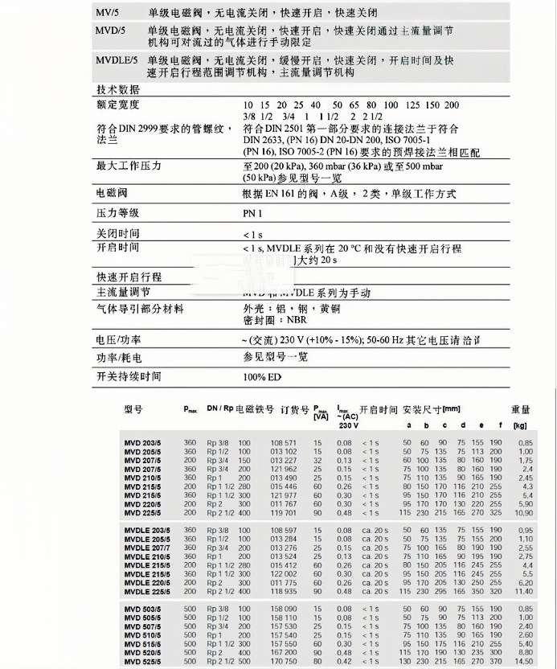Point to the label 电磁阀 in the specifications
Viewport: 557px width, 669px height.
click(109, 194)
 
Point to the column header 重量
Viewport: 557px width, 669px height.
click(521, 408)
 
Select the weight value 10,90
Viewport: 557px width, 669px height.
click(522, 511)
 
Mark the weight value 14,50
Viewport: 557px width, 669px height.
click(522, 661)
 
